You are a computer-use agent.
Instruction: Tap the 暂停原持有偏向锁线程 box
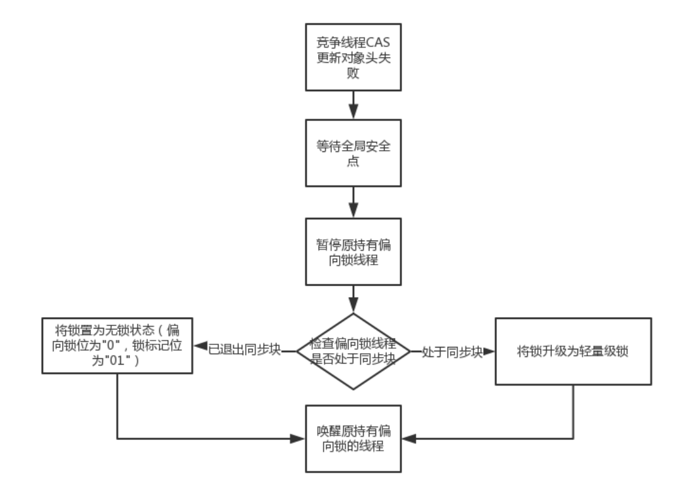coord(353,252)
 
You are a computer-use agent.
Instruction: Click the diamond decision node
coord(353,351)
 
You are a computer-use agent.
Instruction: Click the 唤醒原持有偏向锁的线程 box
coord(353,437)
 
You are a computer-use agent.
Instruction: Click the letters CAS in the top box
coord(381,43)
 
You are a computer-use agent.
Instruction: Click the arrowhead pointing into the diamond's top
coord(353,306)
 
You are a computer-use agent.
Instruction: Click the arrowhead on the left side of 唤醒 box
coord(301,437)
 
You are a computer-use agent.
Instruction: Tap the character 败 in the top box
coord(353,73)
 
